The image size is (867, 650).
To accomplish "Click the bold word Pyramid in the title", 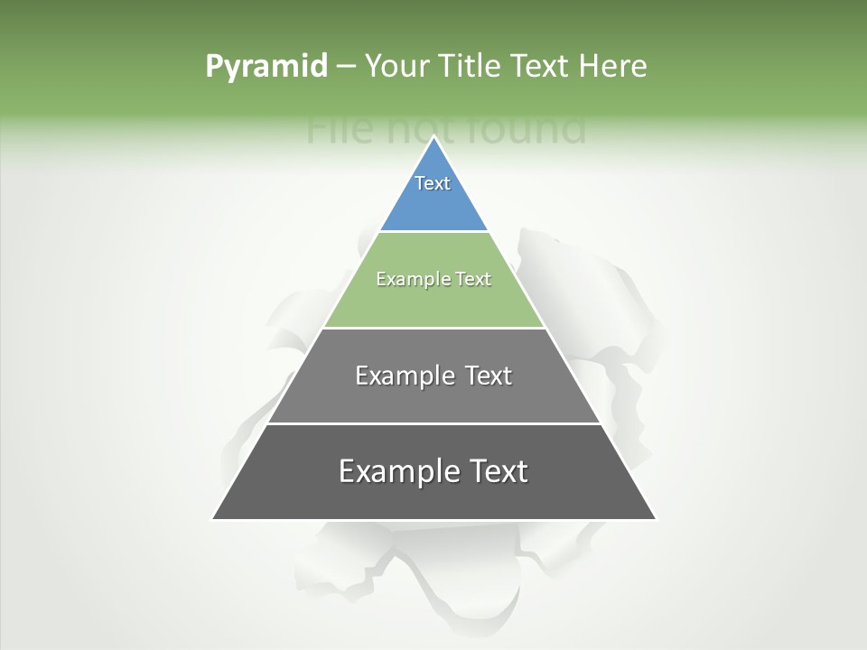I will [266, 66].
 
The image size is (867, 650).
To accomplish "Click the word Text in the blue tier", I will [433, 183].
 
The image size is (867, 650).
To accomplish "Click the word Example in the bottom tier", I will [397, 471].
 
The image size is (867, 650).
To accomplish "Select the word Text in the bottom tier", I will [497, 471].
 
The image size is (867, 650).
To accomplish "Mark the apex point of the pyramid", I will [433, 137].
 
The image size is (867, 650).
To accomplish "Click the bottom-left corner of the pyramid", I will [214, 519].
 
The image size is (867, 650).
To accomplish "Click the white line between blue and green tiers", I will [433, 231].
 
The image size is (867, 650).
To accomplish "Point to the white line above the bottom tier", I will [433, 423].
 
